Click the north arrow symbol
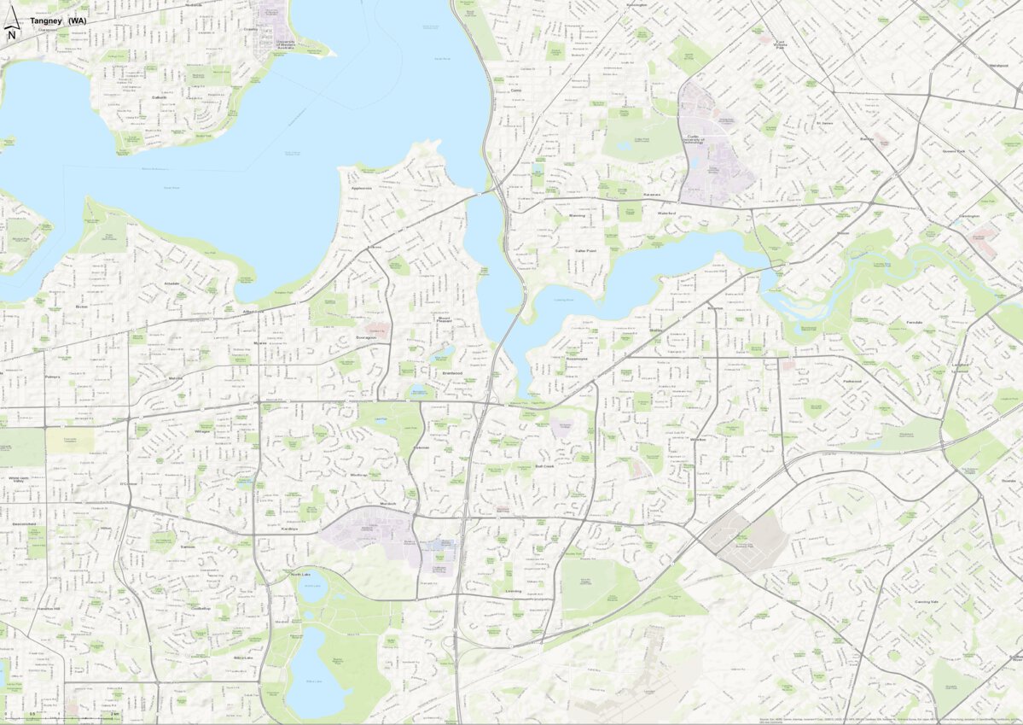(11, 32)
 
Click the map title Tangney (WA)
(58, 20)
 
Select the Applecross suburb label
(362, 188)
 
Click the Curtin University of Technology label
(698, 138)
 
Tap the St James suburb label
(823, 122)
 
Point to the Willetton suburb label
(698, 439)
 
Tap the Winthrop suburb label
(358, 475)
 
